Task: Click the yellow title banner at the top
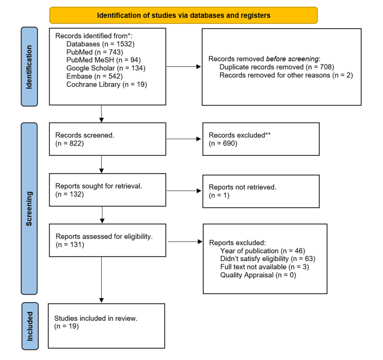(183, 15)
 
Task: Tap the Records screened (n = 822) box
(107, 139)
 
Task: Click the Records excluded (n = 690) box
(260, 139)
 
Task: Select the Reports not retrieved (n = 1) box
(260, 190)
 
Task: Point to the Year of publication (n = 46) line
(260, 251)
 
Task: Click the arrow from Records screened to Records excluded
(184, 139)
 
